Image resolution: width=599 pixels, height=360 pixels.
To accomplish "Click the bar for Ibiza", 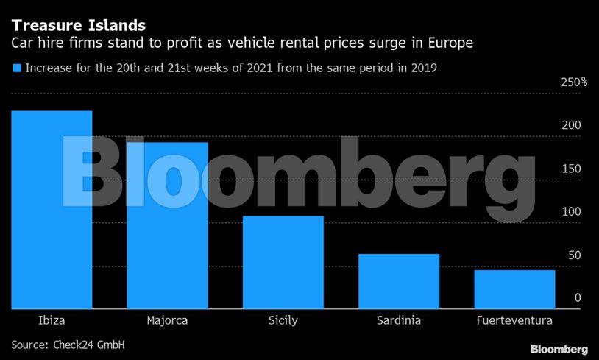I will (52, 210).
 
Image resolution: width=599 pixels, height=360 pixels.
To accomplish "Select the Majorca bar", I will (167, 225).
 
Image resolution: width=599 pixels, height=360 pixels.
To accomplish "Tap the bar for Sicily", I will (283, 262).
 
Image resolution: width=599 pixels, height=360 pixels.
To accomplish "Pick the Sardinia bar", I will (399, 281).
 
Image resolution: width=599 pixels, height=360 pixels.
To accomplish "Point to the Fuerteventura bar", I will (514, 289).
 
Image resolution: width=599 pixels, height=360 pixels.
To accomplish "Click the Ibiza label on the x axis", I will (52, 320).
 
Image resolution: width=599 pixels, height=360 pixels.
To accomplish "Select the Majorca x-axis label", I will (167, 320).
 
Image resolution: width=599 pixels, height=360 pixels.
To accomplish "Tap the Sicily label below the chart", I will (283, 320).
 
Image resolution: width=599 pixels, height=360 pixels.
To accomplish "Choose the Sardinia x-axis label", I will (399, 320).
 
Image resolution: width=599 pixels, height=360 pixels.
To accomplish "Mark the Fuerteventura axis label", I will (514, 320).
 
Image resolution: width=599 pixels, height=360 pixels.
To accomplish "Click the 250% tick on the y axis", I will (574, 82).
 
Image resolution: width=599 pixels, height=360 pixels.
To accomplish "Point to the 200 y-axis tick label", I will (572, 125).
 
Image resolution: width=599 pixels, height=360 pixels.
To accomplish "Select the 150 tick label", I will (572, 169).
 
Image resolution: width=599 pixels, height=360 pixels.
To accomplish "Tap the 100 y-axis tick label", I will (572, 212).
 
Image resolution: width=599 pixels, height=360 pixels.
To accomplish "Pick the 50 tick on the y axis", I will (575, 255).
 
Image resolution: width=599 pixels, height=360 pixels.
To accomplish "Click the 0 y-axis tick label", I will (578, 298).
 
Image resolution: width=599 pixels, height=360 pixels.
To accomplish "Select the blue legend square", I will (17, 68).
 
